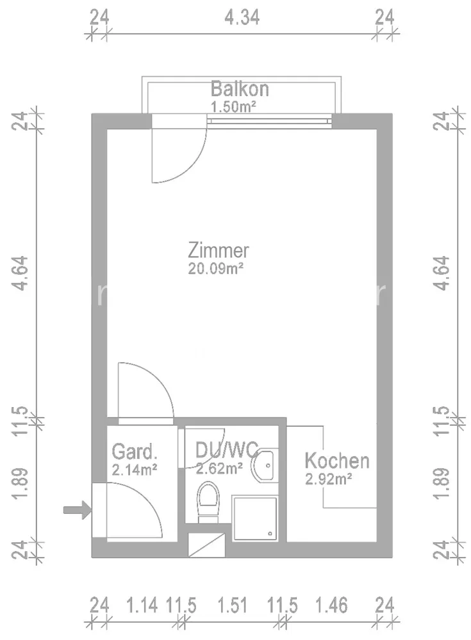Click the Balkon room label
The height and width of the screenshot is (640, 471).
tap(240, 88)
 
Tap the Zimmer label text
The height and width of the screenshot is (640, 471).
tap(219, 250)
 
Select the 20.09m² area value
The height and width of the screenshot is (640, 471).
tap(216, 269)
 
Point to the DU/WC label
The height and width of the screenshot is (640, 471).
tap(227, 449)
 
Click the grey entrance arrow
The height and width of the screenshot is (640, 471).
tap(78, 509)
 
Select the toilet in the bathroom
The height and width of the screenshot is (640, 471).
tap(208, 502)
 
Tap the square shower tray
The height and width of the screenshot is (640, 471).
tap(254, 518)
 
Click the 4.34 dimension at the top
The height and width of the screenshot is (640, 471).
tap(242, 17)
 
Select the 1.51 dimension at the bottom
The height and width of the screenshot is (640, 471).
tap(232, 605)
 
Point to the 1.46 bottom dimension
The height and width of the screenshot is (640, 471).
tap(331, 605)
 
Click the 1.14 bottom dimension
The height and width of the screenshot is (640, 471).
tap(142, 605)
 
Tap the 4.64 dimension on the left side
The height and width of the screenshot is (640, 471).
tap(20, 273)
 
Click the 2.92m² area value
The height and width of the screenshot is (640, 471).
tap(329, 478)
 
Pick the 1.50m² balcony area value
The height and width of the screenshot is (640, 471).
tap(233, 106)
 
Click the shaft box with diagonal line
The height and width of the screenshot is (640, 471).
tap(206, 545)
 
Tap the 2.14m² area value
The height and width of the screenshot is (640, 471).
tap(135, 470)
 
